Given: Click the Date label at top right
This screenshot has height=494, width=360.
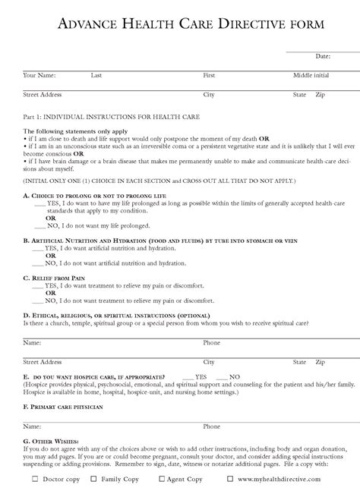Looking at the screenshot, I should coord(323,56).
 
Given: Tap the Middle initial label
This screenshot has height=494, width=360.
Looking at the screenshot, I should coord(311,76).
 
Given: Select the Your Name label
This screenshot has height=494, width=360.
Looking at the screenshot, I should coord(39,76).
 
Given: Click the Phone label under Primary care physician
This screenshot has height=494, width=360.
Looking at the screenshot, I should coord(211,426).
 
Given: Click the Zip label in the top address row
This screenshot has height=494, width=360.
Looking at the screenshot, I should coord(320,95).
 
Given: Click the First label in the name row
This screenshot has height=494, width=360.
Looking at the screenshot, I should coord(210,76).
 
